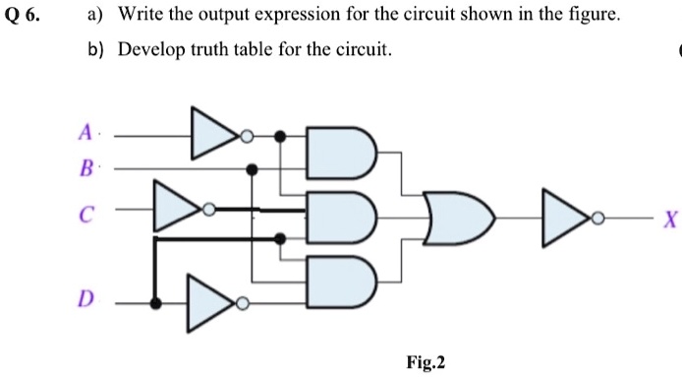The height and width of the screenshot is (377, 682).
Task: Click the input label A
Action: [86, 132]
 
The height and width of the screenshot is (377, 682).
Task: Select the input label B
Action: [86, 167]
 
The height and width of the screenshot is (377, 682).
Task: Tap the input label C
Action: [86, 209]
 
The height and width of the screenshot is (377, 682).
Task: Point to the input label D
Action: [86, 299]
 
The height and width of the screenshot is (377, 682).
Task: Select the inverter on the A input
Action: [215, 135]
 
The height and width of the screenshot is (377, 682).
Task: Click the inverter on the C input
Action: [178, 208]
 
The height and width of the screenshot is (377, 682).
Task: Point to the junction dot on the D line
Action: [154, 302]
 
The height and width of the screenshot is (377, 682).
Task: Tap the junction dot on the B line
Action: [253, 169]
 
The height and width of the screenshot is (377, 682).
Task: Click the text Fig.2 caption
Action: [426, 362]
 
